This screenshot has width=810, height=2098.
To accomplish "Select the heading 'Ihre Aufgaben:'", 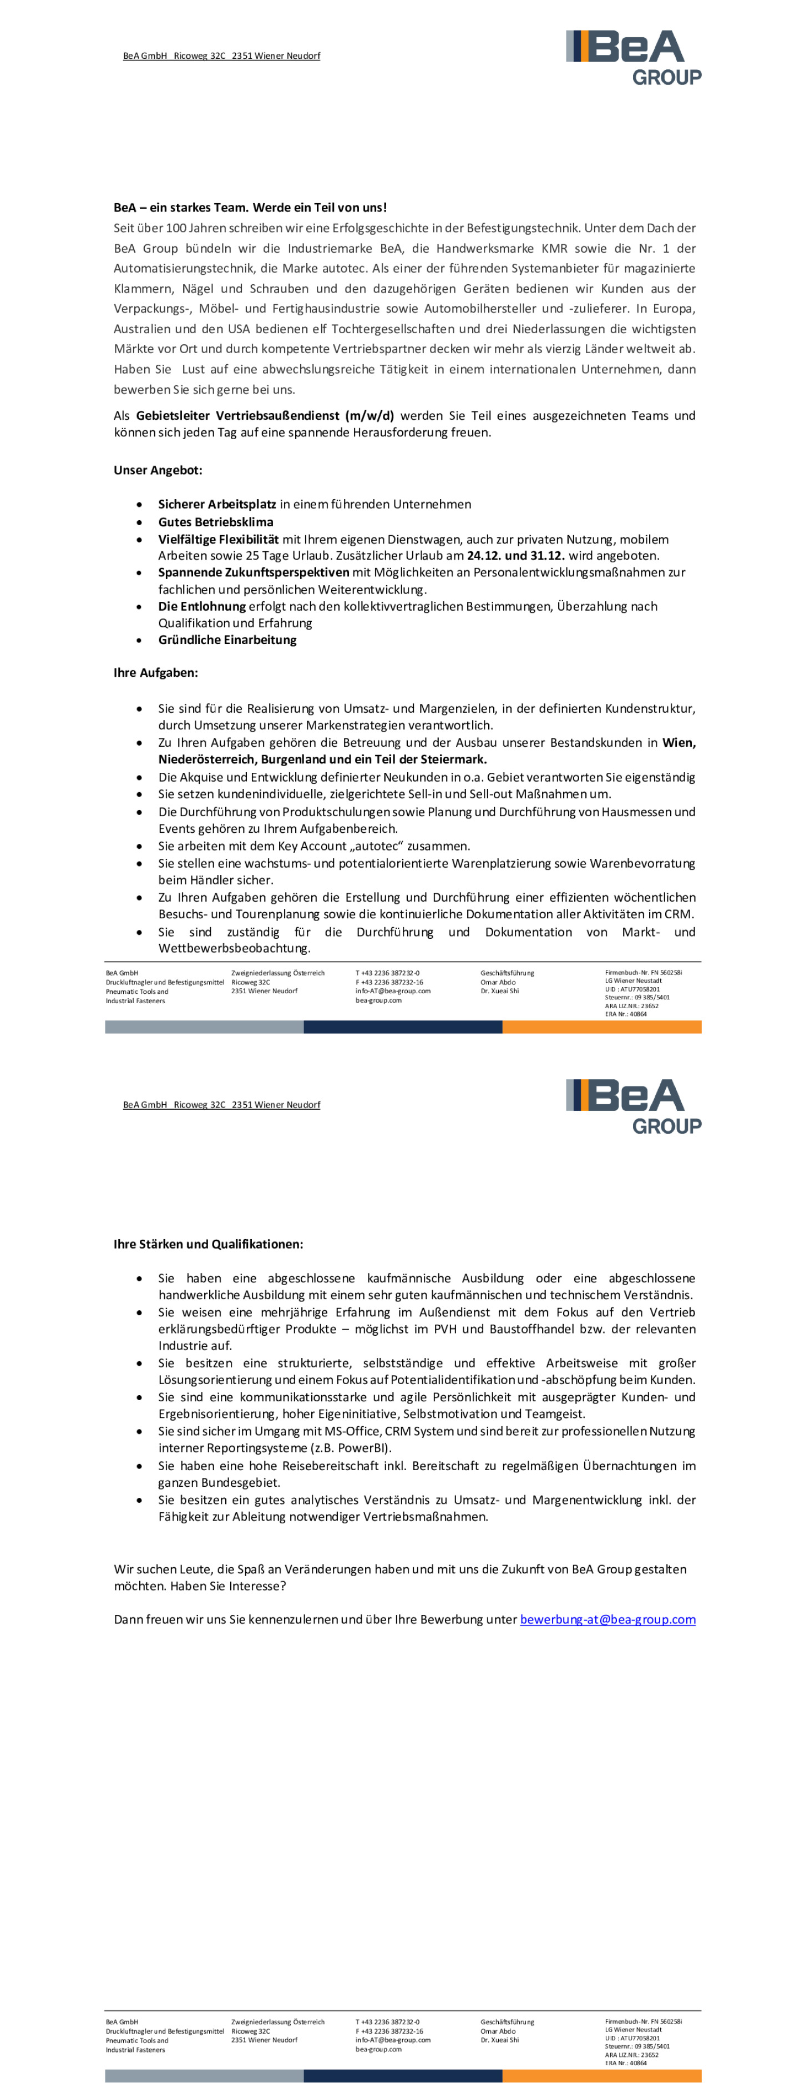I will (x=155, y=673).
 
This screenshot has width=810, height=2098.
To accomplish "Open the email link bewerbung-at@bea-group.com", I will (x=607, y=1619).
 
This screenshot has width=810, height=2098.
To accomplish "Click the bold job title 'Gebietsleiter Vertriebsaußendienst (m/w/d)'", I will (x=265, y=415).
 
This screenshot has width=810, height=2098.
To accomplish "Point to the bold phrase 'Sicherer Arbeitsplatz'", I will (x=216, y=504).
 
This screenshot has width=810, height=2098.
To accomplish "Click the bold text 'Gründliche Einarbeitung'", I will (x=227, y=640).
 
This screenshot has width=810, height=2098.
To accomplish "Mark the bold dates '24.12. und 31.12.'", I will (x=516, y=555).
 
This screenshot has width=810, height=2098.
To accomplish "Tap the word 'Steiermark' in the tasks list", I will (x=453, y=759).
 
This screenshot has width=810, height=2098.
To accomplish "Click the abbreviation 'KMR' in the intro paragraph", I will (x=554, y=248).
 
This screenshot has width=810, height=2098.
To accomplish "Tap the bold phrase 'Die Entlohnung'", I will (x=202, y=606).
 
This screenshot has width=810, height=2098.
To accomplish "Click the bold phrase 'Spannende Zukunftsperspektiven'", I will (x=253, y=572).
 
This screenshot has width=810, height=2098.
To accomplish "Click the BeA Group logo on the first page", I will (x=634, y=57).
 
